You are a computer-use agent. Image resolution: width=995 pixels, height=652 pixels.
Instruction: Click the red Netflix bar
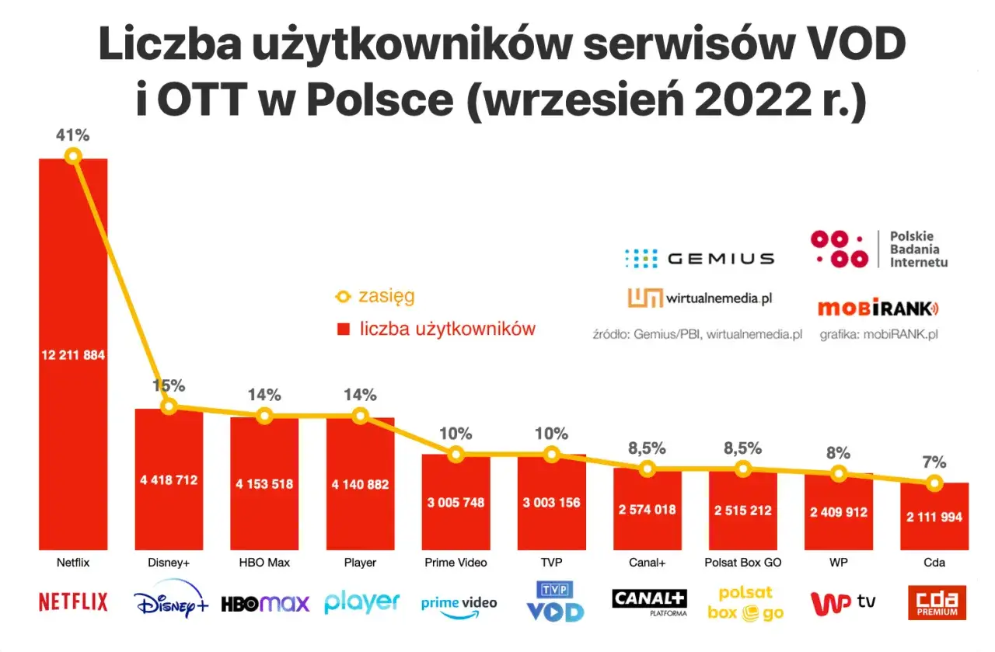(x=73, y=435)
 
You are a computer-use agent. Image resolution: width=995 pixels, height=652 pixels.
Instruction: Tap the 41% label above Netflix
(x=72, y=135)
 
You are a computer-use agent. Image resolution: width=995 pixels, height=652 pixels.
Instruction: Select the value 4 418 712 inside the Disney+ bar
(x=169, y=480)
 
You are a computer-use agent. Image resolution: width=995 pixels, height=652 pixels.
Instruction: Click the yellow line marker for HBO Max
(x=264, y=416)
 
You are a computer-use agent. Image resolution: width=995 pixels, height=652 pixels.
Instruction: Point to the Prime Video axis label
(x=456, y=563)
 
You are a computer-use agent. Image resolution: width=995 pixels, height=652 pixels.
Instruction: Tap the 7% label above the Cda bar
(x=934, y=462)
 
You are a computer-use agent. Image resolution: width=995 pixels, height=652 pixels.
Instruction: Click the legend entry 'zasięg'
(x=386, y=296)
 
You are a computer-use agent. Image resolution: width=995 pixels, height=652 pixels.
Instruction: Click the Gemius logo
(x=699, y=258)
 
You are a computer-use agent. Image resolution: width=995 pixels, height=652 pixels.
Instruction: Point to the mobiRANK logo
(x=878, y=309)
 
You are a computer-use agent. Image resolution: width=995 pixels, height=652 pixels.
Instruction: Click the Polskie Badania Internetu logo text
(x=918, y=249)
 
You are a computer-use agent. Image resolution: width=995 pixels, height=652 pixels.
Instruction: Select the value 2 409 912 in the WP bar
(x=838, y=512)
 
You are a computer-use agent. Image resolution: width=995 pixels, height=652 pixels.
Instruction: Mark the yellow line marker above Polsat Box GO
(x=743, y=469)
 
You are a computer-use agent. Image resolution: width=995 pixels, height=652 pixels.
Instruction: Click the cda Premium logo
(x=937, y=602)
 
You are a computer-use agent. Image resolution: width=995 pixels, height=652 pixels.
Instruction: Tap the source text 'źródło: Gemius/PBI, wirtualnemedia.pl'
(x=697, y=335)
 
